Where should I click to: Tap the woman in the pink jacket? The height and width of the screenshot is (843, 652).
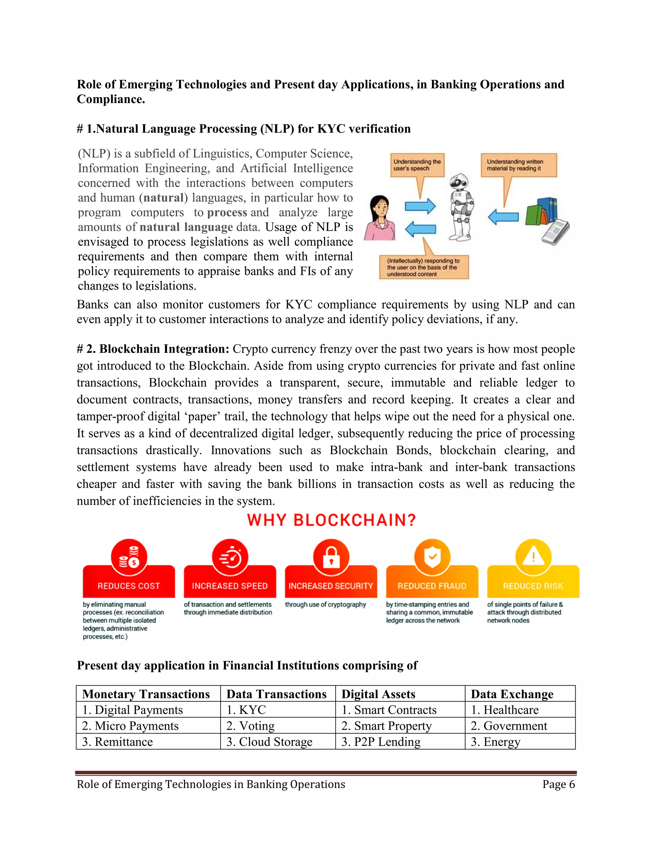tap(380, 218)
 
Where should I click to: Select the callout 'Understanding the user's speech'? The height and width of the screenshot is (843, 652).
tap(417, 165)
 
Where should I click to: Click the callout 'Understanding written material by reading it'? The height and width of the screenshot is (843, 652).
tap(518, 165)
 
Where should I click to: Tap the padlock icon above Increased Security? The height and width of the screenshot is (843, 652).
tap(331, 557)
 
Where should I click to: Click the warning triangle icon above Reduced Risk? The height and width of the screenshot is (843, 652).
tap(533, 557)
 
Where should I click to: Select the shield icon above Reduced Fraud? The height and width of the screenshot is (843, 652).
tap(432, 557)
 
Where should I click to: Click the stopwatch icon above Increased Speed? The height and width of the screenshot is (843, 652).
tap(230, 557)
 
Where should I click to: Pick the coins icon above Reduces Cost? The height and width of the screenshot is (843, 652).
tap(129, 557)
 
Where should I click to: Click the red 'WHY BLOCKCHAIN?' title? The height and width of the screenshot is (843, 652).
tap(331, 520)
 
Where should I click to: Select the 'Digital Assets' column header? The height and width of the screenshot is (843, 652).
tap(378, 694)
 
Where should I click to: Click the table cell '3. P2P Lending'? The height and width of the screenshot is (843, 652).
tap(381, 742)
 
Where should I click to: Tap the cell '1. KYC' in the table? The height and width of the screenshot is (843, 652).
tap(246, 710)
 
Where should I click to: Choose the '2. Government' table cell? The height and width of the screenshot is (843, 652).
tap(509, 726)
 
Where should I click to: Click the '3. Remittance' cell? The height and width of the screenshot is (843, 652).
tap(117, 742)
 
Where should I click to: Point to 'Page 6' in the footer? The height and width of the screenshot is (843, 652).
tap(558, 784)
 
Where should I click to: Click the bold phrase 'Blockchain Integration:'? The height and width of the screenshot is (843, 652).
tap(158, 349)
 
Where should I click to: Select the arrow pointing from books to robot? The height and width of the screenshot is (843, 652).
tap(503, 217)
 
